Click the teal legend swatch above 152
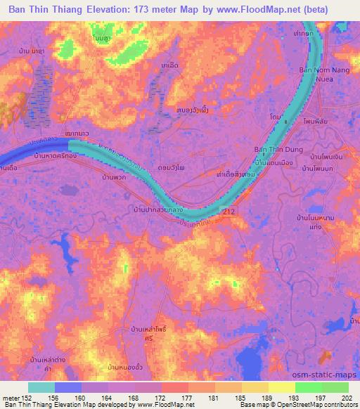pyautogui.click(x=41, y=387)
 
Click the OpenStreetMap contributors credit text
pyautogui.click(x=314, y=405)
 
